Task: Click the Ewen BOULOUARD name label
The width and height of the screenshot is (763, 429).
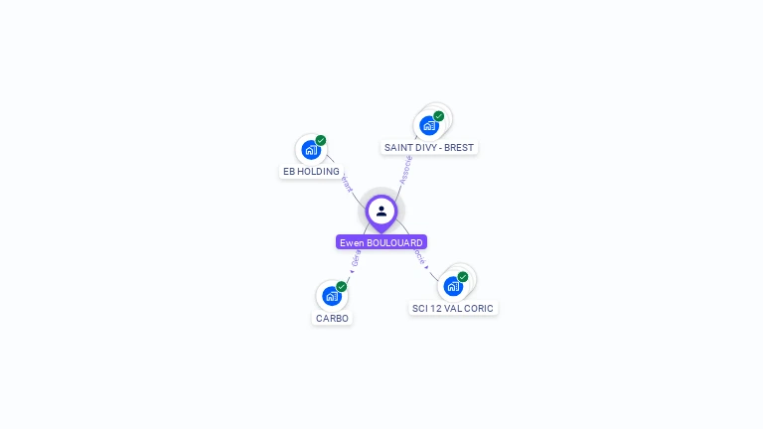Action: coord(381,242)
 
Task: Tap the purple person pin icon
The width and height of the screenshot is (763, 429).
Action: coord(381,212)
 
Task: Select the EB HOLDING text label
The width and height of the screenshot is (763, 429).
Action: coord(311,172)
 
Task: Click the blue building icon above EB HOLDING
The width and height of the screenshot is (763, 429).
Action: coord(311,150)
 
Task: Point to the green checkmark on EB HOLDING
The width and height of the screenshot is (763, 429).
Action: coord(321,140)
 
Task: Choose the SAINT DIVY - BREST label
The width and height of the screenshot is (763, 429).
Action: coord(429,147)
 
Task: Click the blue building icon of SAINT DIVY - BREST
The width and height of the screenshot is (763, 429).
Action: coord(428,125)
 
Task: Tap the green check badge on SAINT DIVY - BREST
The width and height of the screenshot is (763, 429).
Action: coord(439,116)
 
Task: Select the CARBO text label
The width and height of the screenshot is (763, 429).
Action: coord(332,319)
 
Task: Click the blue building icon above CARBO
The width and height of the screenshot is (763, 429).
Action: coord(332,296)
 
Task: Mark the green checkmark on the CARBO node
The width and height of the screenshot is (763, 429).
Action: coord(342,286)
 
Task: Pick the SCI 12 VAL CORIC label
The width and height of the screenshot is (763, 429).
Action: coord(453,309)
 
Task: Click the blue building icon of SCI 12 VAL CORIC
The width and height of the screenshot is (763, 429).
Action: coord(453,286)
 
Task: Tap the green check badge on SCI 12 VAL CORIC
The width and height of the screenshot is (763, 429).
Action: coord(463,277)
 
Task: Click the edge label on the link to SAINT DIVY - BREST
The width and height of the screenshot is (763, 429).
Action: coord(405,169)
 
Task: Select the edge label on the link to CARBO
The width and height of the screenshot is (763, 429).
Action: coord(355,261)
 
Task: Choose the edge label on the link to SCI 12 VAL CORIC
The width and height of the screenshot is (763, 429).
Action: coord(419,257)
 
